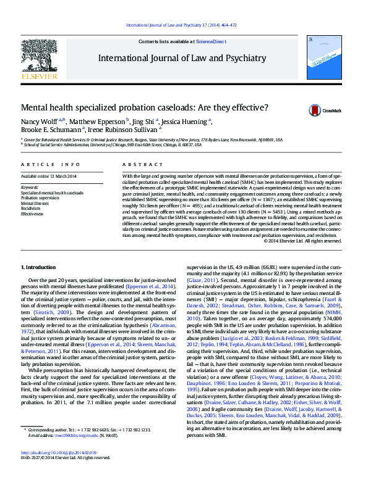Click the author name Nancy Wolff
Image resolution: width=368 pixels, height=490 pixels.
click(39, 122)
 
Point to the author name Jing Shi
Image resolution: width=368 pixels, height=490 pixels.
click(143, 122)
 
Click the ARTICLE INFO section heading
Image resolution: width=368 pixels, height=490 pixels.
click(51, 165)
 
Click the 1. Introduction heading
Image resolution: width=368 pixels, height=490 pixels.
click(39, 267)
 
